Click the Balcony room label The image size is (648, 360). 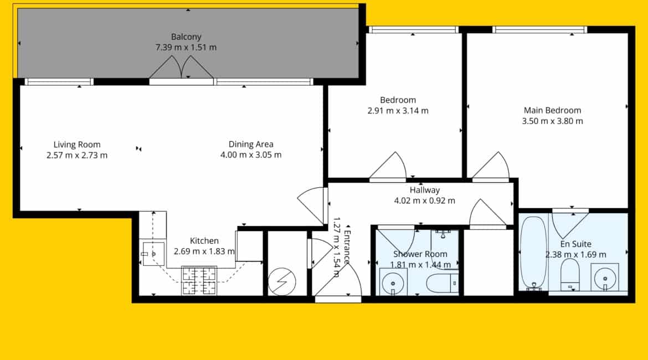click(186, 37)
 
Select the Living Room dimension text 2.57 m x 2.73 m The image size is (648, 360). click(77, 156)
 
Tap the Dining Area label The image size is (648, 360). click(251, 144)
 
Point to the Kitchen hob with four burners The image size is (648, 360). click(199, 281)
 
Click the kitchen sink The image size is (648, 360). click(153, 254)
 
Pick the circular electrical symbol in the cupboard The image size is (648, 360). click(282, 282)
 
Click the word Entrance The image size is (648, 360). click(347, 247)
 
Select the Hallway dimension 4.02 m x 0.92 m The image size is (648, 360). click(424, 201)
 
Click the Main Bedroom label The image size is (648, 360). click(553, 110)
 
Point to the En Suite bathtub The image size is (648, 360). click(533, 253)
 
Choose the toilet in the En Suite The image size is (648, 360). click(570, 275)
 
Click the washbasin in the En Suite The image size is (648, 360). click(605, 277)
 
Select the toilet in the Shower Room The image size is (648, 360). click(442, 283)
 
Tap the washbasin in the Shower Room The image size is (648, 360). click(393, 282)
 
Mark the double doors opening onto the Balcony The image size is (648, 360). click(182, 68)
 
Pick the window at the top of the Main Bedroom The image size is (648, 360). click(540, 29)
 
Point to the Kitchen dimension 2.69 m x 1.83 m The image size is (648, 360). click(204, 251)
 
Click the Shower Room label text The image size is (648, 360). click(420, 254)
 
